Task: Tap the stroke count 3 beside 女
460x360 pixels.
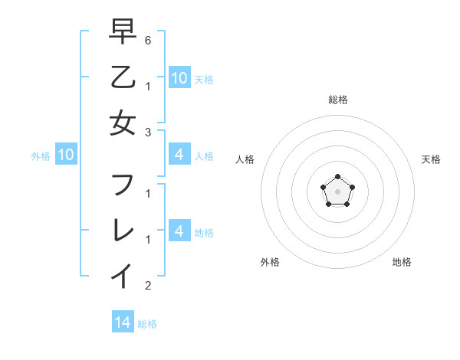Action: [148, 132]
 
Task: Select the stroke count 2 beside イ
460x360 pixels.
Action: [148, 286]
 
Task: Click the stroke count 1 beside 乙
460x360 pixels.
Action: [148, 86]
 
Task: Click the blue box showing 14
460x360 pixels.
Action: [123, 322]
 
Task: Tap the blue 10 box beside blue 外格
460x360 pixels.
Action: [66, 155]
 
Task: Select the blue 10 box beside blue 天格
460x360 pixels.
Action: [179, 77]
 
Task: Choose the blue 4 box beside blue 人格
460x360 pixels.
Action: [179, 155]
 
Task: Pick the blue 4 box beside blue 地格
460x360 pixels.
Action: [179, 231]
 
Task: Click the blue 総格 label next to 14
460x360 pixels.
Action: [147, 324]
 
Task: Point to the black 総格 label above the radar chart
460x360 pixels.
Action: [337, 100]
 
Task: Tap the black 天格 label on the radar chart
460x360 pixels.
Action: [431, 159]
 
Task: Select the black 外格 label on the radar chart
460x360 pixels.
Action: [270, 262]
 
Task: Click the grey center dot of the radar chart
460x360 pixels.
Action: [337, 191]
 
